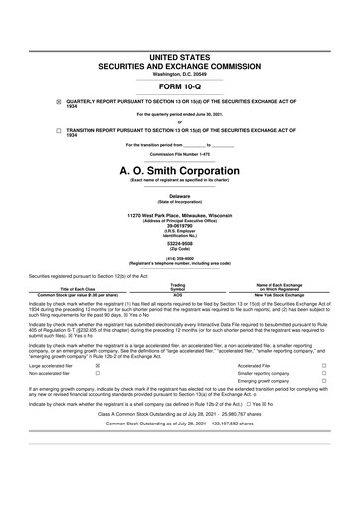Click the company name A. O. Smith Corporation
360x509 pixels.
[x=179, y=171]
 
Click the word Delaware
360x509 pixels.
[x=179, y=198]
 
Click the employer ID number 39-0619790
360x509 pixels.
[x=179, y=225]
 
